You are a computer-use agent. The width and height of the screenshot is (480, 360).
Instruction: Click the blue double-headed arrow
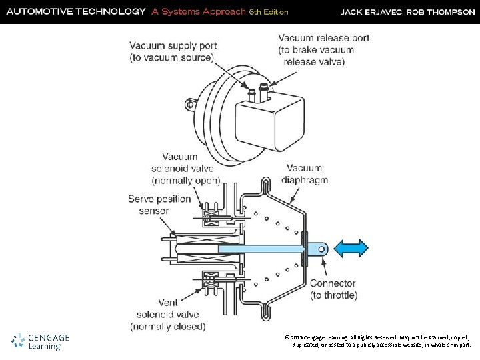coord(351,248)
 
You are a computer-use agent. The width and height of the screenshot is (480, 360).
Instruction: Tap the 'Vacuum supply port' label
coord(172,52)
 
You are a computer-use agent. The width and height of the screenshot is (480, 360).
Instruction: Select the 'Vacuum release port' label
coord(323,49)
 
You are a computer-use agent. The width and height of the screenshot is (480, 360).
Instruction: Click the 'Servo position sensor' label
coord(159,205)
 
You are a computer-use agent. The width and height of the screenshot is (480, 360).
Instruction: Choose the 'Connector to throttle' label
coord(342,289)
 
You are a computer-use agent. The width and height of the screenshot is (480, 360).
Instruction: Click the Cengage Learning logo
coord(41,341)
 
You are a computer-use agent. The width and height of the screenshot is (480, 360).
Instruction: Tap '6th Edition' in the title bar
coord(269,12)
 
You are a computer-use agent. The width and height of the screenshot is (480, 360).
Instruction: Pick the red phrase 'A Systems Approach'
coord(198,11)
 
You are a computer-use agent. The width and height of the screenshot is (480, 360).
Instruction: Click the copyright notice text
coord(377,341)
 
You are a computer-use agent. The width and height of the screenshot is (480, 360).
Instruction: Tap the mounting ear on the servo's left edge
coord(191,104)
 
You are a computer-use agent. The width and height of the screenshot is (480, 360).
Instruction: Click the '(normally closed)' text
coord(167,327)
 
